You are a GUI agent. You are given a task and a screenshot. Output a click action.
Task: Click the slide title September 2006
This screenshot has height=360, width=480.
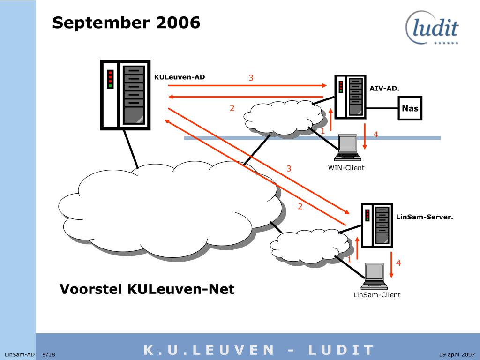(126, 22)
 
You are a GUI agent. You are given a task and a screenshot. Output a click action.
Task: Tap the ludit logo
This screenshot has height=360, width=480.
(432, 28)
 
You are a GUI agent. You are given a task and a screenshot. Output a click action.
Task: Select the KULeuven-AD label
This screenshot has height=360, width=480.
(180, 77)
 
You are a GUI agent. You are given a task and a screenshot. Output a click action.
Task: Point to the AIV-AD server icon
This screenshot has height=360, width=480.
(350, 96)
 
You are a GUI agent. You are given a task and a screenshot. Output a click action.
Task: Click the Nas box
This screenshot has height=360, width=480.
(410, 109)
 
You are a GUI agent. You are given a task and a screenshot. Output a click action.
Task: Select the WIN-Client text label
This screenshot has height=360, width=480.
(346, 168)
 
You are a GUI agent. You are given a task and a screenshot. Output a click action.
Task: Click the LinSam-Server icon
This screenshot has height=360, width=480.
(376, 225)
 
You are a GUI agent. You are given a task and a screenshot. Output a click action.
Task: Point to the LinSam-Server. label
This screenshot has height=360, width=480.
(424, 217)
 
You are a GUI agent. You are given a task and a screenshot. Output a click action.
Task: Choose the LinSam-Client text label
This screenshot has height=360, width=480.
(377, 295)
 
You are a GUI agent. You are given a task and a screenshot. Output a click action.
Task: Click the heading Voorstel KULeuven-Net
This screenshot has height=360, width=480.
(147, 289)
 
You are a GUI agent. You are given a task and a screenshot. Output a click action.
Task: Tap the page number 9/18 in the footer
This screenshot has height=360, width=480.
(49, 354)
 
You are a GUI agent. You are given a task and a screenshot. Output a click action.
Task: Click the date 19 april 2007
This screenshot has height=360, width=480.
(457, 354)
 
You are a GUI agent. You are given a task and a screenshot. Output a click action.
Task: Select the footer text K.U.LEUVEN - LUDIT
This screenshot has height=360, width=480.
(259, 350)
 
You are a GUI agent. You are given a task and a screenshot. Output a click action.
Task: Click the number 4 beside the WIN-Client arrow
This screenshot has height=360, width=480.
(375, 135)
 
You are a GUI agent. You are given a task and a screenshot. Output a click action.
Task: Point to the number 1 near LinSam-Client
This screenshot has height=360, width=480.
(349, 259)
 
